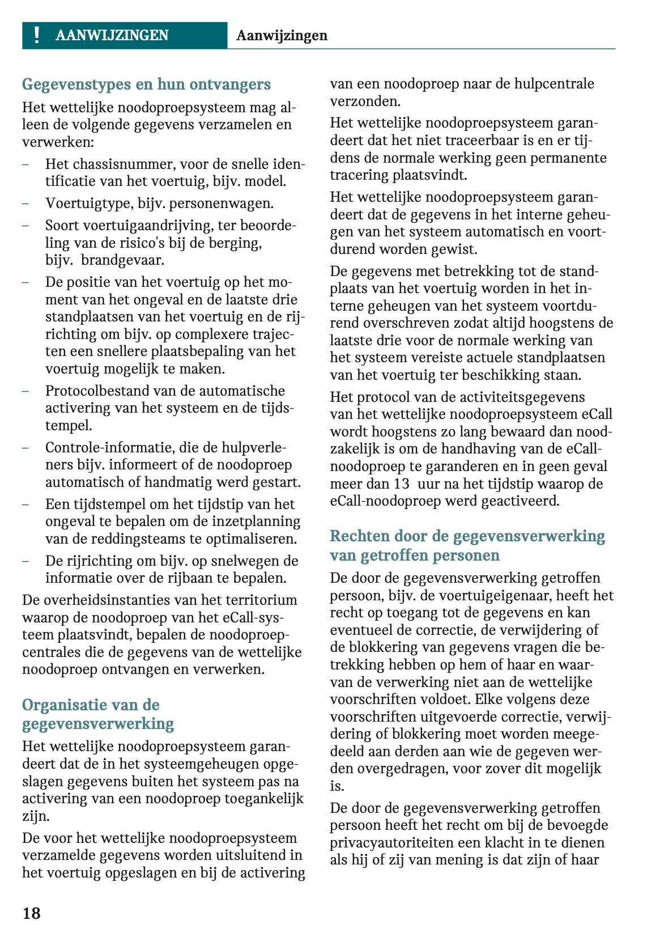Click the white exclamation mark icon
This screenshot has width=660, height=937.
(37, 35)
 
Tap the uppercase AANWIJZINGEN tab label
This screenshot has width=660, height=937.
(112, 35)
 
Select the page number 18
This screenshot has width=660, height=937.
(31, 913)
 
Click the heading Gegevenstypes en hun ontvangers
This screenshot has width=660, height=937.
(146, 84)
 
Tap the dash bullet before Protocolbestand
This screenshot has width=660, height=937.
(25, 391)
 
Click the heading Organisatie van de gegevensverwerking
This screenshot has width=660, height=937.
(97, 714)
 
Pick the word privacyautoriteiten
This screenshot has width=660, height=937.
(399, 843)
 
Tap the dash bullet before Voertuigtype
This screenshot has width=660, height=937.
(25, 203)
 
